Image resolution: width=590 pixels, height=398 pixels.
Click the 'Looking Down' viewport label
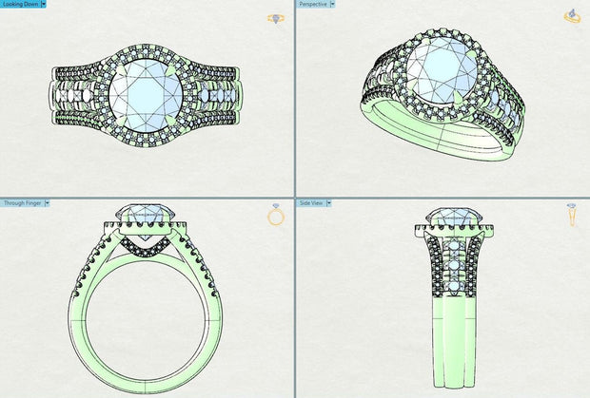[x=19, y=5]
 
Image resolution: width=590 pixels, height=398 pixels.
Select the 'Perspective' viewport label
[x=313, y=5]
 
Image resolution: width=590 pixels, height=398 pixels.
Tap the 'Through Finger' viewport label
[x=22, y=203]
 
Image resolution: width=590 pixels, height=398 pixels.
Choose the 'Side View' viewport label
[x=311, y=203]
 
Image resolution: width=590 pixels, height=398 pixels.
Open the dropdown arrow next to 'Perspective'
[x=332, y=5]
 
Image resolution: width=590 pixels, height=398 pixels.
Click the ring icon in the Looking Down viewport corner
[x=276, y=17]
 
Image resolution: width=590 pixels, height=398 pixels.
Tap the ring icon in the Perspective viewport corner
[x=573, y=15]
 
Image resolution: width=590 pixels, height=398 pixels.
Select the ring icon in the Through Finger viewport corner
[x=276, y=216]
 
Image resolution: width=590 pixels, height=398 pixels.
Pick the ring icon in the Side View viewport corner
[x=572, y=216]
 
